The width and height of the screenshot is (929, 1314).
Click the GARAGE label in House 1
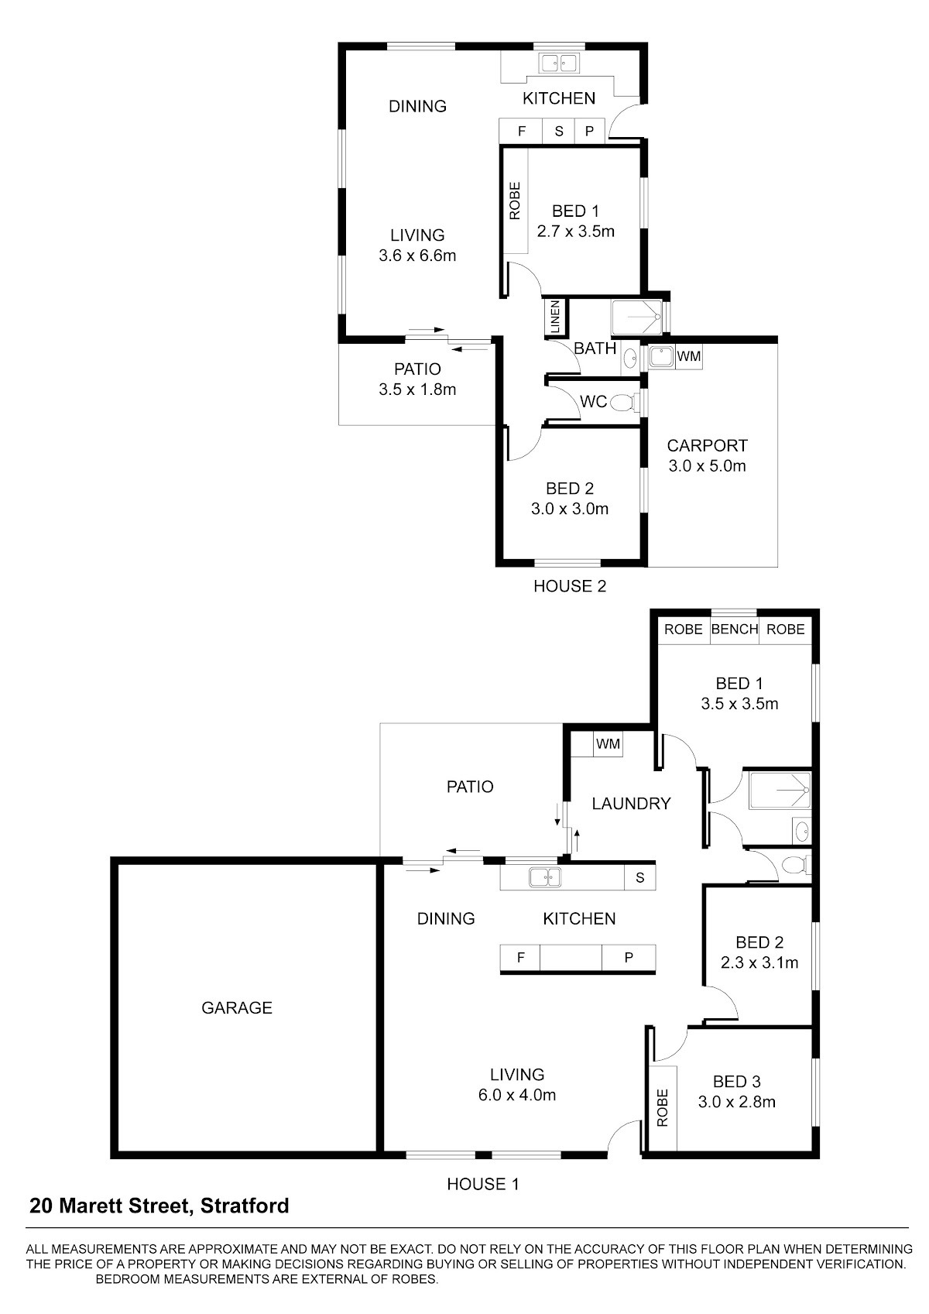click(236, 1008)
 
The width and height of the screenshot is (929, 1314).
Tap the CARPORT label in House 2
click(708, 446)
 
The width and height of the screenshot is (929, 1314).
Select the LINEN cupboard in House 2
click(555, 317)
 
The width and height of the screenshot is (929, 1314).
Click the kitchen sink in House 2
click(559, 63)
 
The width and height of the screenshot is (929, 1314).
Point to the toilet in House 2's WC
click(623, 403)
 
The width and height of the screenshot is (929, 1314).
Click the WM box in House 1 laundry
click(608, 744)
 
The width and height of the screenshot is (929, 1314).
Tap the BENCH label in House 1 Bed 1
click(735, 630)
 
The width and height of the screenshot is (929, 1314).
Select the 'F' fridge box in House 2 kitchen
click(521, 131)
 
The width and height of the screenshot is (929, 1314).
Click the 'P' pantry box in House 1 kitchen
click(628, 958)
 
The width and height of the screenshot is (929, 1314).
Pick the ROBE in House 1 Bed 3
click(662, 1107)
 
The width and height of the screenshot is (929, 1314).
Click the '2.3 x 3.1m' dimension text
click(759, 962)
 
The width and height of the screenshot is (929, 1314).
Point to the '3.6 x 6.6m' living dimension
click(417, 256)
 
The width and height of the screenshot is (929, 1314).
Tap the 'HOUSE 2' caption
click(570, 586)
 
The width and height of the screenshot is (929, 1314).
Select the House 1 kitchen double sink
click(545, 877)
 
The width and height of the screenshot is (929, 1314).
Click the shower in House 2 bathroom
click(636, 317)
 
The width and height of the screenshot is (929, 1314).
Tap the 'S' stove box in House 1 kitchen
click(640, 877)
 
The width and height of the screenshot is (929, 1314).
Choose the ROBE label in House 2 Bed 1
click(514, 201)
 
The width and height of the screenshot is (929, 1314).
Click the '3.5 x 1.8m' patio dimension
click(417, 389)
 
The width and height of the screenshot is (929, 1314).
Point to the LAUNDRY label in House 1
click(631, 804)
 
